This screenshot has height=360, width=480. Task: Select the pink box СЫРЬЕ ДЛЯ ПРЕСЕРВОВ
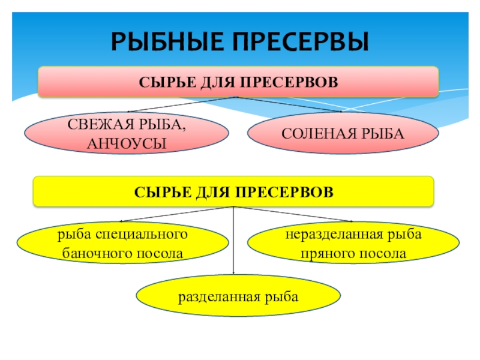[239, 82]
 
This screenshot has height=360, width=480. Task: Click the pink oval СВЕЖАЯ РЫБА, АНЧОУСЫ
[126, 133]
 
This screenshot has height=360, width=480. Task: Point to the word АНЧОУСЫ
[126, 142]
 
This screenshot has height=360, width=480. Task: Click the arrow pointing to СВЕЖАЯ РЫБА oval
[180, 104]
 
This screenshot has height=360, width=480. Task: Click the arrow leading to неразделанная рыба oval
[294, 214]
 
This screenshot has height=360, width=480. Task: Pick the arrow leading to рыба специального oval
[174, 215]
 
